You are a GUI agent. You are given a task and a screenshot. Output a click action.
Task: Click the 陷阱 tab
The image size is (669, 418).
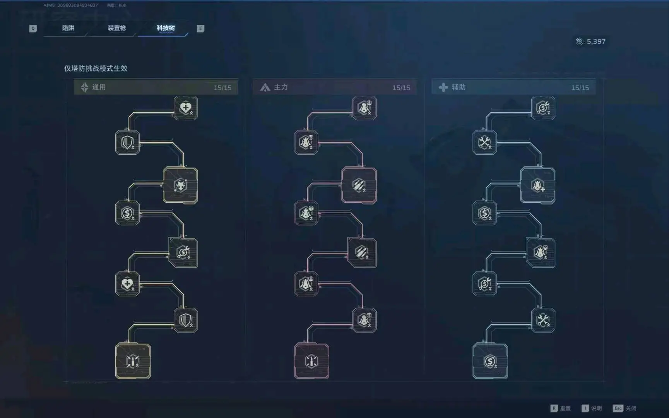(x=68, y=28)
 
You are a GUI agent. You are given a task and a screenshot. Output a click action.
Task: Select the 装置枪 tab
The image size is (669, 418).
(x=116, y=28)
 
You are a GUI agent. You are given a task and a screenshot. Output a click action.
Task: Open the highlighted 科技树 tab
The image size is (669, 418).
(x=166, y=28)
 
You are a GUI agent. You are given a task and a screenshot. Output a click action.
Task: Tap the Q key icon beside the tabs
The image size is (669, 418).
(x=33, y=28)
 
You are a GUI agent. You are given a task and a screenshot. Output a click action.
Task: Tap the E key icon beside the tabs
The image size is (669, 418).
(x=200, y=28)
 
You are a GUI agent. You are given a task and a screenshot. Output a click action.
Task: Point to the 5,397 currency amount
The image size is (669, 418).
(x=596, y=41)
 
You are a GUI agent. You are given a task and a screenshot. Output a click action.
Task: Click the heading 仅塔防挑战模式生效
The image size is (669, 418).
(x=96, y=69)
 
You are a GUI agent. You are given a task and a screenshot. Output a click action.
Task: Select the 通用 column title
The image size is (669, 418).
(x=99, y=87)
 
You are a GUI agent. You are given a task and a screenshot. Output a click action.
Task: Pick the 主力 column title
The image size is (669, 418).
(x=281, y=87)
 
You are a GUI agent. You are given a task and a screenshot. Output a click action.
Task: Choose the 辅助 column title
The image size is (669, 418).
(x=459, y=87)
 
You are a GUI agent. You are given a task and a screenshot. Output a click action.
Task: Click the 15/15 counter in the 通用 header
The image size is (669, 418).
(x=222, y=88)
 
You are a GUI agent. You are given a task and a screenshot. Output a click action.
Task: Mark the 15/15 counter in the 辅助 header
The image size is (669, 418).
(x=580, y=88)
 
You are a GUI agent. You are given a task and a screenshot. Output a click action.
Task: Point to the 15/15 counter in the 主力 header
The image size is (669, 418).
(x=401, y=88)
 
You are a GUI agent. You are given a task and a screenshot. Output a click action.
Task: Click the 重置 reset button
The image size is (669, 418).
(x=561, y=408)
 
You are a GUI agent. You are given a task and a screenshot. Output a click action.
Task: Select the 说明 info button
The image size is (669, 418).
(x=592, y=408)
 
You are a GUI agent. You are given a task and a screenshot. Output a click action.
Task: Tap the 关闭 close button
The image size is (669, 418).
(x=625, y=408)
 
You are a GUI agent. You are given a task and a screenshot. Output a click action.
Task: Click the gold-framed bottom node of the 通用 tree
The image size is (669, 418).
(x=133, y=361)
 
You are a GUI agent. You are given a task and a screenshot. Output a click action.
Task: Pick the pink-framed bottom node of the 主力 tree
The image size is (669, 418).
(x=311, y=361)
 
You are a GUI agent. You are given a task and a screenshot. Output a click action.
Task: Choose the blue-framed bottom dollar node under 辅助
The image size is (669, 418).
(x=490, y=361)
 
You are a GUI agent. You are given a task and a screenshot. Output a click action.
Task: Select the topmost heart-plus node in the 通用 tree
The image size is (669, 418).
(x=186, y=108)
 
